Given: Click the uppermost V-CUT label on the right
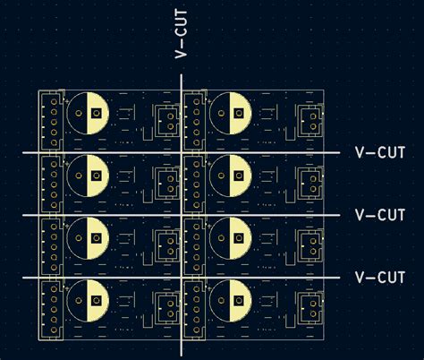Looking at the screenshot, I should (380, 153).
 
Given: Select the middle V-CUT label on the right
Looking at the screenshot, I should (380, 215).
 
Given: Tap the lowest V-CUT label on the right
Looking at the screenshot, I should (380, 277).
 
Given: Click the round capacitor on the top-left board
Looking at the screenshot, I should (88, 113).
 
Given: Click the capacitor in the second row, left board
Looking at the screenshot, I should (88, 176).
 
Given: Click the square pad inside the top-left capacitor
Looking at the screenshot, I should (96, 113).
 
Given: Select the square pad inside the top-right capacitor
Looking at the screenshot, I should (238, 113).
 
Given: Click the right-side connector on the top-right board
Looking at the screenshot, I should (310, 118).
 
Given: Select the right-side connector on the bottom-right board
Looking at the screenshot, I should (310, 305).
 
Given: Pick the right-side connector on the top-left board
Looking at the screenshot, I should (168, 118).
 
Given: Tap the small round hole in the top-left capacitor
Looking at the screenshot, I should (80, 113).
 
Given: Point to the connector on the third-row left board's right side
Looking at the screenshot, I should (168, 243).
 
